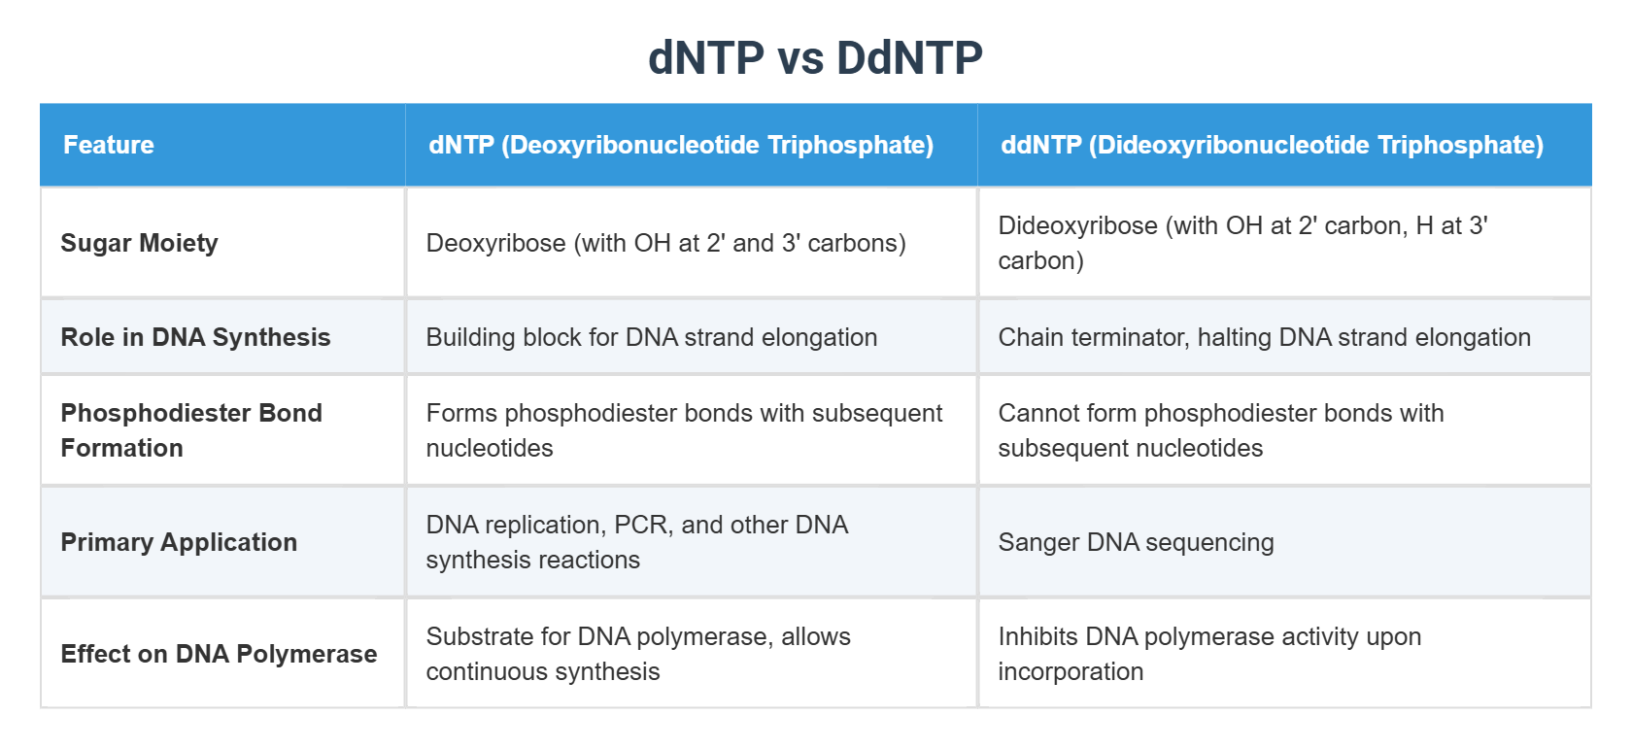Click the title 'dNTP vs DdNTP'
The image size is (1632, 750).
[815, 58]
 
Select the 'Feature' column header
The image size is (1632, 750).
[109, 145]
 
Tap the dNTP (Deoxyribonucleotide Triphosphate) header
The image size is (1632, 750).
[681, 145]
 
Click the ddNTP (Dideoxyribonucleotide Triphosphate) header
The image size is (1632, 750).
[1272, 145]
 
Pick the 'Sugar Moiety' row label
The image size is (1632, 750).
[139, 243]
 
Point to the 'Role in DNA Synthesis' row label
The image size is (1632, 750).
[195, 337]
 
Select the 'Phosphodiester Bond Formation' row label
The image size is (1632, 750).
[190, 430]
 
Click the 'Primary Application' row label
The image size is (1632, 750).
[179, 542]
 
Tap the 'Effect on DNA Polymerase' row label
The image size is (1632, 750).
[219, 654]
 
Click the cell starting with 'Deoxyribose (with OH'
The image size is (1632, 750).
[665, 243]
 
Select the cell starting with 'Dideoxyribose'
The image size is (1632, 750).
[1242, 243]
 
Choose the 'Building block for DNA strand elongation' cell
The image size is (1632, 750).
[651, 337]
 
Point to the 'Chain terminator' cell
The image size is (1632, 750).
[1264, 337]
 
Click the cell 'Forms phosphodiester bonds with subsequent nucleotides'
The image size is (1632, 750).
[684, 430]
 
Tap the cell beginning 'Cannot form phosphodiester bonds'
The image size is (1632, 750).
[1220, 430]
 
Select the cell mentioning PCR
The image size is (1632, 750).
[636, 542]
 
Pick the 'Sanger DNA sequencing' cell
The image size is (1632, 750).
[1136, 542]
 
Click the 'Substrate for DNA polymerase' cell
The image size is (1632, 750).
[637, 654]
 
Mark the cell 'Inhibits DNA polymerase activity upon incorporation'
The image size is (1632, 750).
[1208, 654]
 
